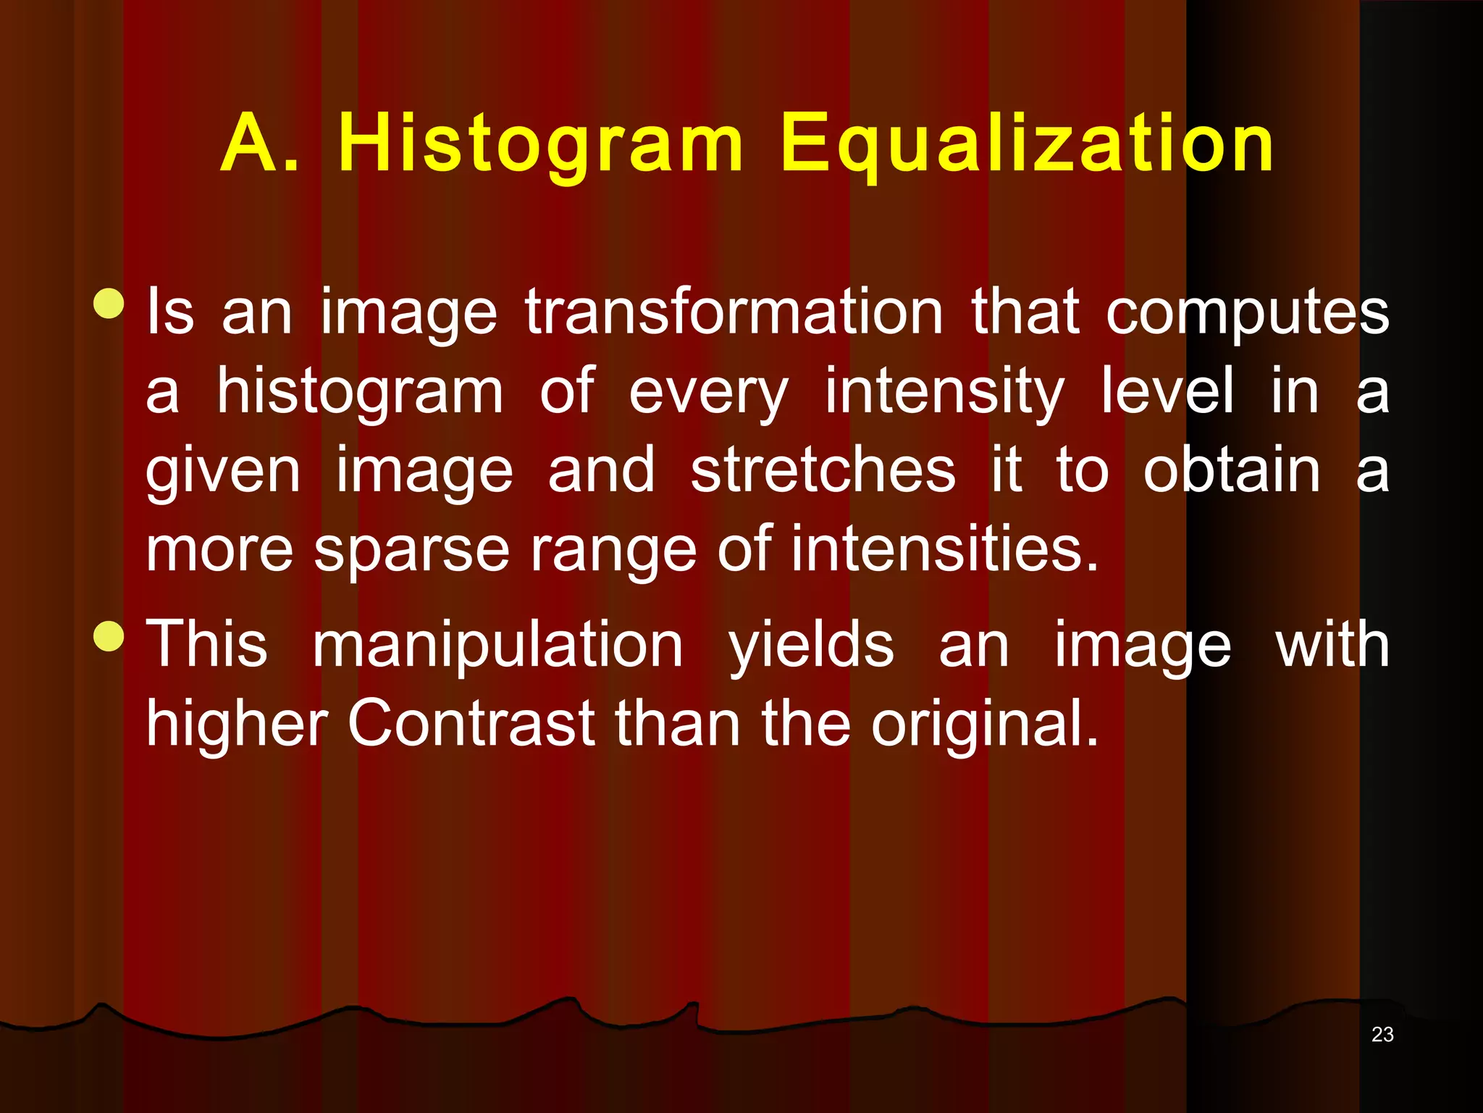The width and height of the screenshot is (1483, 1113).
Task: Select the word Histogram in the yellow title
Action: point(540,145)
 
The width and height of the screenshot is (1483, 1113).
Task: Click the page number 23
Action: point(1382,1035)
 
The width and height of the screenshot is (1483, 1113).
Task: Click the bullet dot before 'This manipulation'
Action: point(109,636)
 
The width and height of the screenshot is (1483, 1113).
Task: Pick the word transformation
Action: point(734,312)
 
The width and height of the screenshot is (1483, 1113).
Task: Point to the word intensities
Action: point(944,549)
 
